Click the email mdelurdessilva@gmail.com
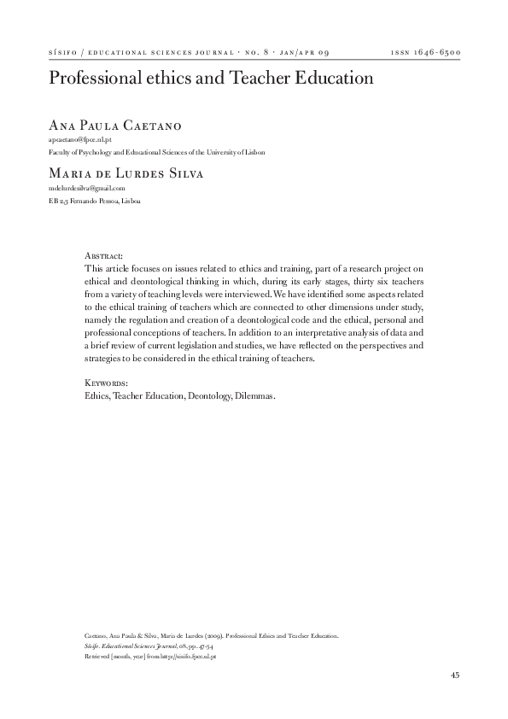86,188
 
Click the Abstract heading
105,255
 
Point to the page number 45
455,675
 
